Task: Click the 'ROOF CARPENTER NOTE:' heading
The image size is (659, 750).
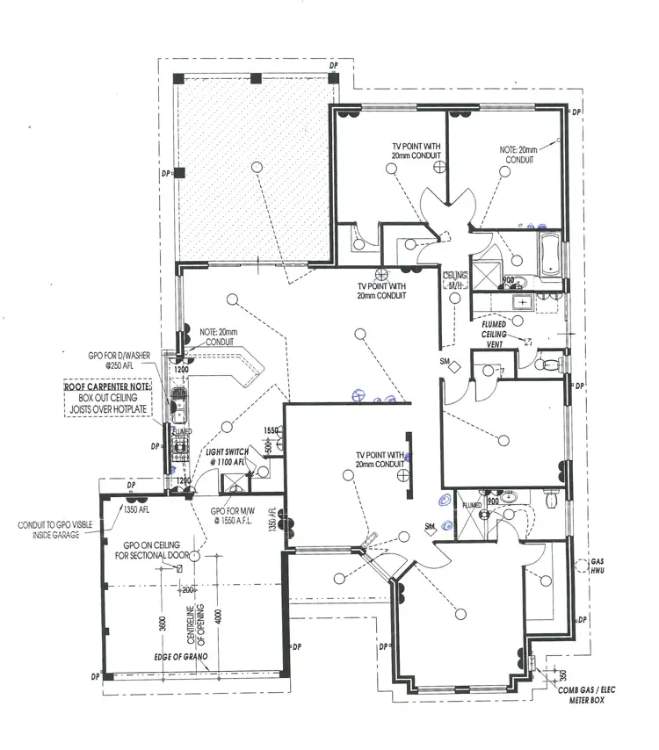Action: (x=107, y=386)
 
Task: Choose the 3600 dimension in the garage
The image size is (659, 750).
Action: (x=162, y=623)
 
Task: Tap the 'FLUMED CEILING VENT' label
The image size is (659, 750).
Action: (x=498, y=335)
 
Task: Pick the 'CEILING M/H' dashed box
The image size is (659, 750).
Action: (x=455, y=281)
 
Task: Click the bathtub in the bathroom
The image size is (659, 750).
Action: (x=547, y=253)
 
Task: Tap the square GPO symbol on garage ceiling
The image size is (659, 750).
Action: (x=180, y=568)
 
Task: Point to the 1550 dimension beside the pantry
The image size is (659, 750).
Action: (x=272, y=430)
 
